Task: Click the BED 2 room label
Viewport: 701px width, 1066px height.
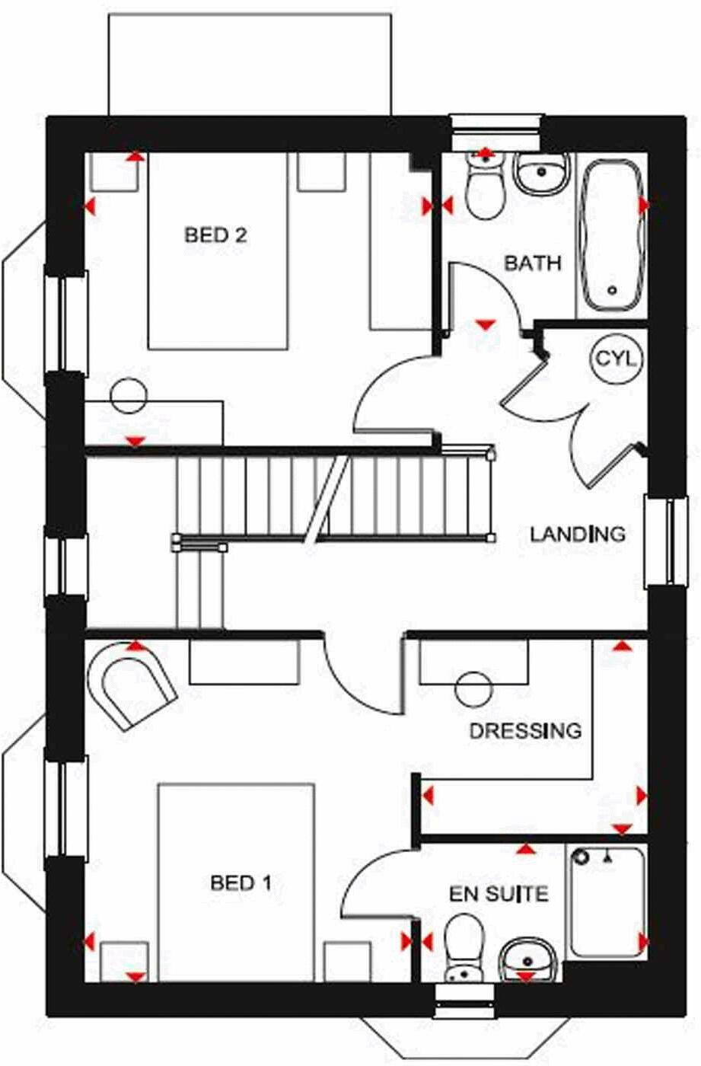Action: coord(216,235)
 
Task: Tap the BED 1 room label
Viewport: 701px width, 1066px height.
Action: coord(241,883)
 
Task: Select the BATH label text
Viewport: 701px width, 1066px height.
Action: coord(533,263)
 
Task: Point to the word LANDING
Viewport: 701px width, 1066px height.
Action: coord(578,534)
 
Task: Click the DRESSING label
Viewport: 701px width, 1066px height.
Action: coord(525,731)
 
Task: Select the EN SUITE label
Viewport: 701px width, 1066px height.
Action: coord(499,893)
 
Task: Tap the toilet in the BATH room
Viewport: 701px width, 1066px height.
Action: coord(484,187)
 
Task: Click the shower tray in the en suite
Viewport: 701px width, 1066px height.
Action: coord(607,902)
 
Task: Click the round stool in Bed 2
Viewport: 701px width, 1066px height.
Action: coord(128,395)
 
